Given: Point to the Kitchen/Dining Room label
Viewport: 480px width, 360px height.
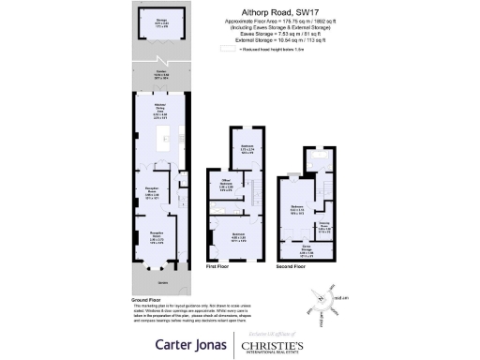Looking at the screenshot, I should pos(161,113).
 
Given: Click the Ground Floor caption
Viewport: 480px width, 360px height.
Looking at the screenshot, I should pos(149,299).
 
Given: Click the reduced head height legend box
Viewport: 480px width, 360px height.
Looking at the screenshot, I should pos(232,49).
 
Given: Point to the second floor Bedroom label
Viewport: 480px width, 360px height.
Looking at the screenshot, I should pos(297,207).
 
